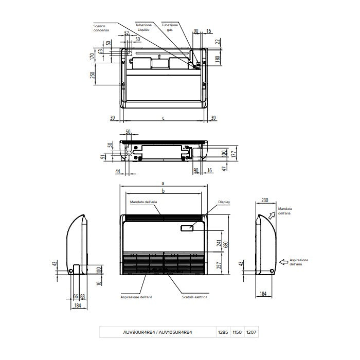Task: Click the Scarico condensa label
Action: coord(101,28)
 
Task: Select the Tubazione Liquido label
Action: coord(144,28)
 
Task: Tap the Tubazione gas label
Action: coord(170,28)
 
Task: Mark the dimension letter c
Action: coord(163,118)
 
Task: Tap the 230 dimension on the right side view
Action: coord(265,201)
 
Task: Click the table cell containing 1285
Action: coord(223,333)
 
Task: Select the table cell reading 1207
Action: coord(250,333)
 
